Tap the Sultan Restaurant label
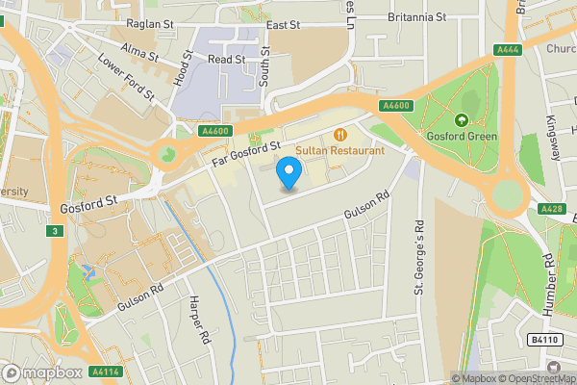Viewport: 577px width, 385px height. pyautogui.click(x=340, y=150)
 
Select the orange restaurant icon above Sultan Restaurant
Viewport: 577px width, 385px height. pyautogui.click(x=339, y=134)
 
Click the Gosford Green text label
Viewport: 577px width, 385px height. pyautogui.click(x=462, y=136)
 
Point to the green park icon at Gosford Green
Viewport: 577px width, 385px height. pyautogui.click(x=462, y=120)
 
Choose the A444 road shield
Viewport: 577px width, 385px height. pyautogui.click(x=508, y=50)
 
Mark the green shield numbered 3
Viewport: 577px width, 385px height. pyautogui.click(x=57, y=231)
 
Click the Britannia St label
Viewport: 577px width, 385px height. pyautogui.click(x=415, y=17)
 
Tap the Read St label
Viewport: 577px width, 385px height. pyautogui.click(x=227, y=59)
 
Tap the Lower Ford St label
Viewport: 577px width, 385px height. pyautogui.click(x=125, y=76)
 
